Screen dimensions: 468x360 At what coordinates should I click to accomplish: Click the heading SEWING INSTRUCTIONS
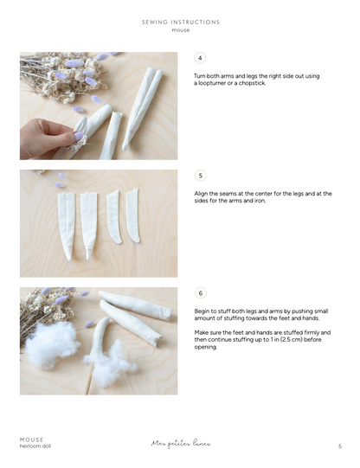tap(180, 22)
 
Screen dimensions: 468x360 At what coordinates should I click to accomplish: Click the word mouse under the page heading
tap(180, 30)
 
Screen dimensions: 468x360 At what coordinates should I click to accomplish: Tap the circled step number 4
tap(201, 58)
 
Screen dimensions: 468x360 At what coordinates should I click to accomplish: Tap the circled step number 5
tap(201, 176)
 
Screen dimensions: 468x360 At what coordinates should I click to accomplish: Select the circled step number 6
tap(201, 293)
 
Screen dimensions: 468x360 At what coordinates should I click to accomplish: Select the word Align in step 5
tap(201, 194)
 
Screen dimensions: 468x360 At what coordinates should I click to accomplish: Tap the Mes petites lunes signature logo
tap(180, 444)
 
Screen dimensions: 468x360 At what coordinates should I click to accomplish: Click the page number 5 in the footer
tap(339, 446)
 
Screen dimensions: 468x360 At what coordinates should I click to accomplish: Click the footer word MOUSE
tap(32, 439)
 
